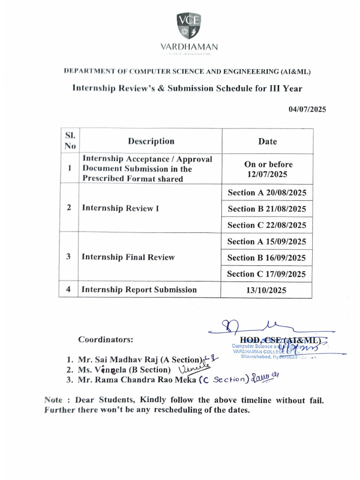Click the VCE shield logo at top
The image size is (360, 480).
[x=189, y=26]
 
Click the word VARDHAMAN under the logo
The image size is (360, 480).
[x=189, y=47]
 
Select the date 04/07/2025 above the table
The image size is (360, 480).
[x=307, y=109]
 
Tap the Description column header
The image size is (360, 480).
[x=151, y=141]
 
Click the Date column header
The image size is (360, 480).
[x=267, y=142]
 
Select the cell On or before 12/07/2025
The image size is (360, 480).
[x=268, y=169]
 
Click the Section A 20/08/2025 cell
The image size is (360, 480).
[x=267, y=193]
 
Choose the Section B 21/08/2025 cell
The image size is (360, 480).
[x=267, y=209]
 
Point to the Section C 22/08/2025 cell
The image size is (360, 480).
[x=267, y=225]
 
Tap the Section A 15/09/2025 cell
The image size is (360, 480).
[x=267, y=241]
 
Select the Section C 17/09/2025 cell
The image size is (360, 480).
[x=267, y=274]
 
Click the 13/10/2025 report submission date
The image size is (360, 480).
[x=267, y=290]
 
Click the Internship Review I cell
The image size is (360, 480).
[x=120, y=208]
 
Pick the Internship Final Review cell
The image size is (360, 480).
[x=128, y=257]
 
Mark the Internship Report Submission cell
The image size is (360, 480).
[x=139, y=290]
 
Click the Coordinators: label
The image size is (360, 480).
[x=105, y=338]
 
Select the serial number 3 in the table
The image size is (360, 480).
[x=69, y=256]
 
